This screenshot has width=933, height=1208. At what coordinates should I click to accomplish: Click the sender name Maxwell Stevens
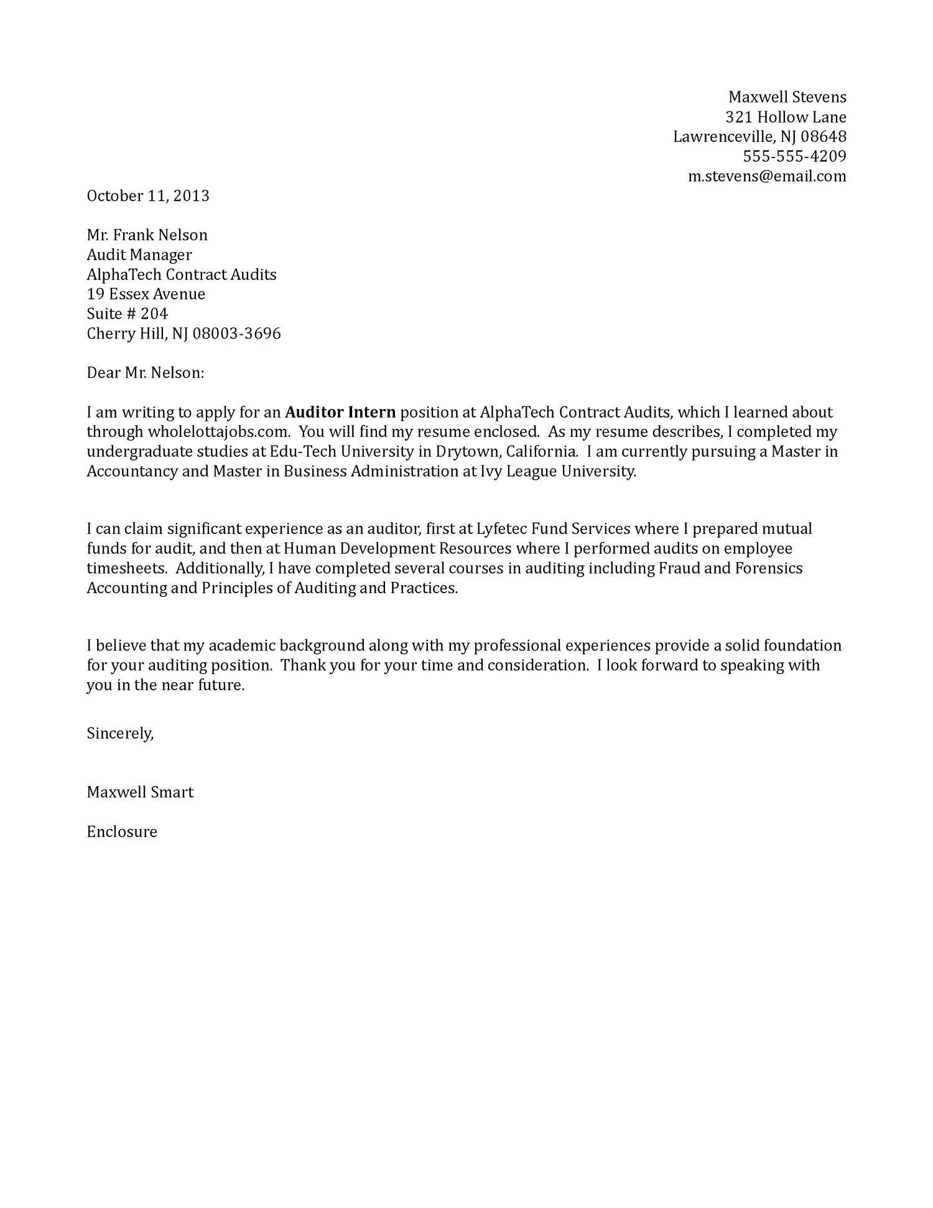click(x=787, y=97)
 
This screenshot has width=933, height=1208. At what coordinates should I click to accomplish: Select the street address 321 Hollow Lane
click(x=786, y=117)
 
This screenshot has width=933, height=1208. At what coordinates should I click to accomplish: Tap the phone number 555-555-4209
click(x=794, y=156)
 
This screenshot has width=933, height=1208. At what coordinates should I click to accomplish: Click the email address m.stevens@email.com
click(x=767, y=176)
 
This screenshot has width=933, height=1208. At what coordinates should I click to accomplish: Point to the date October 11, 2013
click(x=148, y=196)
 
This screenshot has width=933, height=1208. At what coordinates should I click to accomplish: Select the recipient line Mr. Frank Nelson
click(x=147, y=235)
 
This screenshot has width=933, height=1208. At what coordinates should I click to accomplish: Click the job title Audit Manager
click(x=139, y=255)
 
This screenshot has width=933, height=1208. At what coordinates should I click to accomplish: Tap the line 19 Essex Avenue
click(x=146, y=294)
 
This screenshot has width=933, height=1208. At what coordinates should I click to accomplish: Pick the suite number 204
click(x=154, y=314)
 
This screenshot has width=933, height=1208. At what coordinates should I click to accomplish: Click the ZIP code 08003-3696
click(x=236, y=334)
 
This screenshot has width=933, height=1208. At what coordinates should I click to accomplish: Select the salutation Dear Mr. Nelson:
click(x=145, y=373)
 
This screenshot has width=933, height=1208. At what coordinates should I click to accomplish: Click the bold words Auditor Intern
click(x=340, y=413)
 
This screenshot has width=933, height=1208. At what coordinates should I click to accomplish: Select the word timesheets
click(x=126, y=568)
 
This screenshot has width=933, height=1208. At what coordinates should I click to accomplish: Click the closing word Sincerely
click(x=119, y=734)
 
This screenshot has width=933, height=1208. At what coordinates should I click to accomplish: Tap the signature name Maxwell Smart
click(x=140, y=792)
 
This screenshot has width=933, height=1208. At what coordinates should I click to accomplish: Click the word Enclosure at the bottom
click(x=122, y=832)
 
